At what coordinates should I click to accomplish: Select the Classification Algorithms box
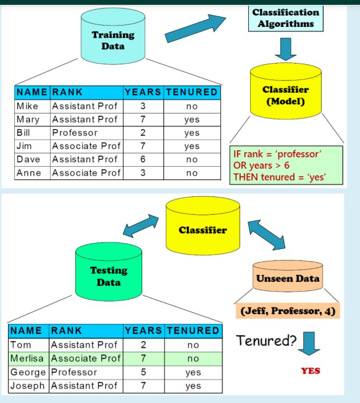(286, 18)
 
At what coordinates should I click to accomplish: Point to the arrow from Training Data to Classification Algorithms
(194, 29)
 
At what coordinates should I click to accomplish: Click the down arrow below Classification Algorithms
(286, 49)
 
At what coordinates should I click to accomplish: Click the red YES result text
(311, 371)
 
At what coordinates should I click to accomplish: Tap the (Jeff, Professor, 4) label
(287, 311)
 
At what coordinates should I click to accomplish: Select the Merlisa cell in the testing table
(29, 358)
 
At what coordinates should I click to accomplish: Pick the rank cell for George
(74, 372)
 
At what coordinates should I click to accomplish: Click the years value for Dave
(143, 159)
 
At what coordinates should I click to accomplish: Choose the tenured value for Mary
(192, 120)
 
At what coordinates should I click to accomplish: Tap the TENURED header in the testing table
(192, 330)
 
